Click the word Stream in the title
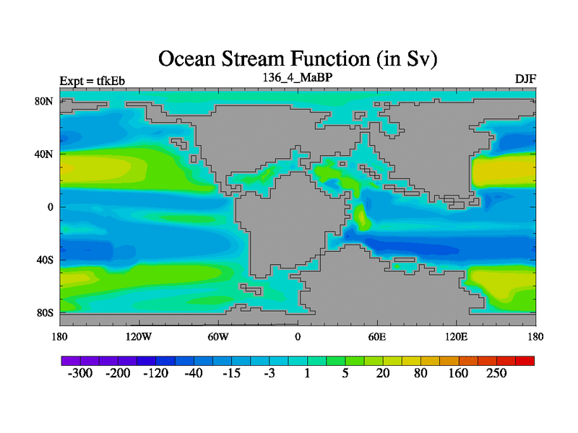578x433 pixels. click(x=254, y=59)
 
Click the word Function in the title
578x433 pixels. click(x=331, y=59)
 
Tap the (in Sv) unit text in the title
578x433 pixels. click(x=407, y=60)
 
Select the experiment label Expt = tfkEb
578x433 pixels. click(x=92, y=81)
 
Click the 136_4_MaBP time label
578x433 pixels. click(x=298, y=78)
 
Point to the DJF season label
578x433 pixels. click(x=525, y=79)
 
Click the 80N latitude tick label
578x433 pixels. click(x=44, y=101)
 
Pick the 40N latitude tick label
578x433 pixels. click(x=44, y=154)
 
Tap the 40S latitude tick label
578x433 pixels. click(x=45, y=261)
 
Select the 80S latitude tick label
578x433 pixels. click(x=45, y=313)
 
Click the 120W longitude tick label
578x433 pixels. click(x=139, y=337)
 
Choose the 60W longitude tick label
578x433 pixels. click(x=218, y=337)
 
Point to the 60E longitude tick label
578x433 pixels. click(x=377, y=337)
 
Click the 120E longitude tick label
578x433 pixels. click(x=457, y=337)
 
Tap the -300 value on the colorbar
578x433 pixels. click(x=80, y=373)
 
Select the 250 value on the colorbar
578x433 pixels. click(x=496, y=373)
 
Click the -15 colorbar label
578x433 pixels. click(x=231, y=373)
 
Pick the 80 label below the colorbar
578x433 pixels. click(x=420, y=373)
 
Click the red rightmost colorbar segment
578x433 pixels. click(x=525, y=361)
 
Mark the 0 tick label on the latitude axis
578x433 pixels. click(x=51, y=207)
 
